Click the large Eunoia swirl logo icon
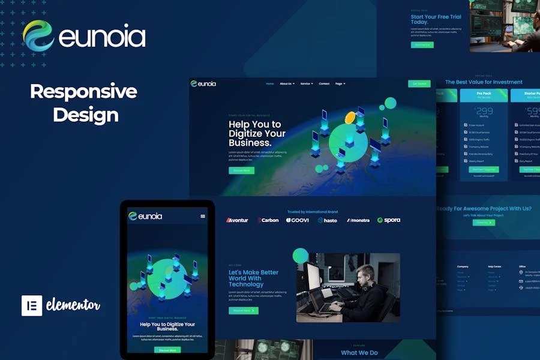point(38,36)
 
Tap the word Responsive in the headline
point(83,92)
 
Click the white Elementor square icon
point(32,305)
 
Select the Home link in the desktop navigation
point(270,84)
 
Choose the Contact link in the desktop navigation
point(324,84)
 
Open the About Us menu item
point(287,84)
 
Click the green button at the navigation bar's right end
point(419,84)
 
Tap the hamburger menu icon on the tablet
point(203,216)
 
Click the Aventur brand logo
point(237,220)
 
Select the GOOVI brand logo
point(298,220)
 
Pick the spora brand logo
point(389,220)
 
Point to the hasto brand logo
point(328,220)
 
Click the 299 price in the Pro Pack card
point(484,111)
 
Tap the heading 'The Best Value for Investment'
point(484,82)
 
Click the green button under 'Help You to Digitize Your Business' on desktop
point(241,170)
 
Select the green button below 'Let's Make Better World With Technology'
point(244,311)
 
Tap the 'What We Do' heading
point(359,353)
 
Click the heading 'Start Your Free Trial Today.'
point(436,19)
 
